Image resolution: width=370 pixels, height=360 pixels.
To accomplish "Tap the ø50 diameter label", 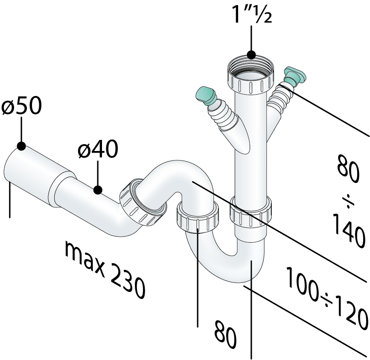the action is click(x=22, y=106).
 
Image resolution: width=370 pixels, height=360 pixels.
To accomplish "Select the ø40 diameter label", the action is click(x=98, y=149).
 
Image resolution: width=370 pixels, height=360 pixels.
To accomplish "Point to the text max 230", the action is click(x=105, y=270).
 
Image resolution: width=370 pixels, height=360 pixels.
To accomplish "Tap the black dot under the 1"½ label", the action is click(x=251, y=55).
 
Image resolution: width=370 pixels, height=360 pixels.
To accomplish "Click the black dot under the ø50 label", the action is click(x=21, y=146).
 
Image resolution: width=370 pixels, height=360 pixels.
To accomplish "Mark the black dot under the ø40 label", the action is click(x=98, y=190).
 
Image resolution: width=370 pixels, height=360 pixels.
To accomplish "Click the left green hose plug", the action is click(x=206, y=96).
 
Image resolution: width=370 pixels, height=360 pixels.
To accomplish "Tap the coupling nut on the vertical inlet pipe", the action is click(x=251, y=212).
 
